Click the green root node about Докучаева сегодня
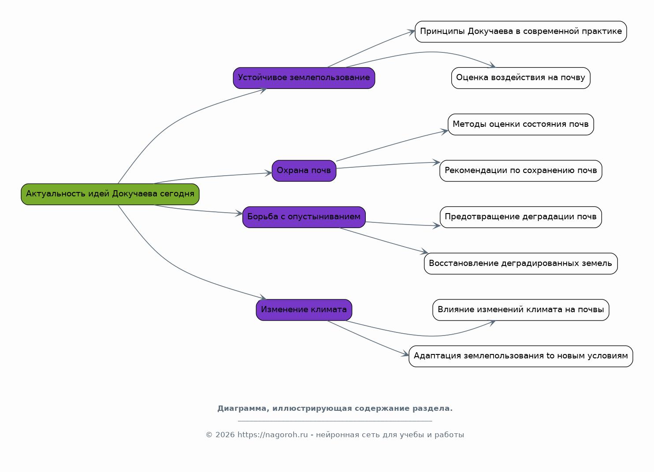(x=110, y=194)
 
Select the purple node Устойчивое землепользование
(x=304, y=78)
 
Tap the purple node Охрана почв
(x=304, y=171)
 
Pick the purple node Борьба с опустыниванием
(x=304, y=218)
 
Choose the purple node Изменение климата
(x=304, y=310)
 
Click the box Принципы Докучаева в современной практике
(x=521, y=32)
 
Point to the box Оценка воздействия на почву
(x=521, y=78)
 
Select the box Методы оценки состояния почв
(x=521, y=124)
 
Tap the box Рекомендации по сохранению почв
(x=521, y=171)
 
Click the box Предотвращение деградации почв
(x=521, y=218)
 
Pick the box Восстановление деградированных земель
(x=521, y=263)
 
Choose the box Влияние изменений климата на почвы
(x=521, y=310)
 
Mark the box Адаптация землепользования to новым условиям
(x=521, y=356)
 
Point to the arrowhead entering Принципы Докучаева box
(x=411, y=32)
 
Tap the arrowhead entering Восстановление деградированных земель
(x=424, y=251)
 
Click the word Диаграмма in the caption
(x=243, y=409)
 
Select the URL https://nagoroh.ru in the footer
(x=273, y=435)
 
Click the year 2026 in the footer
(x=225, y=435)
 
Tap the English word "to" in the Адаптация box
(x=550, y=356)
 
